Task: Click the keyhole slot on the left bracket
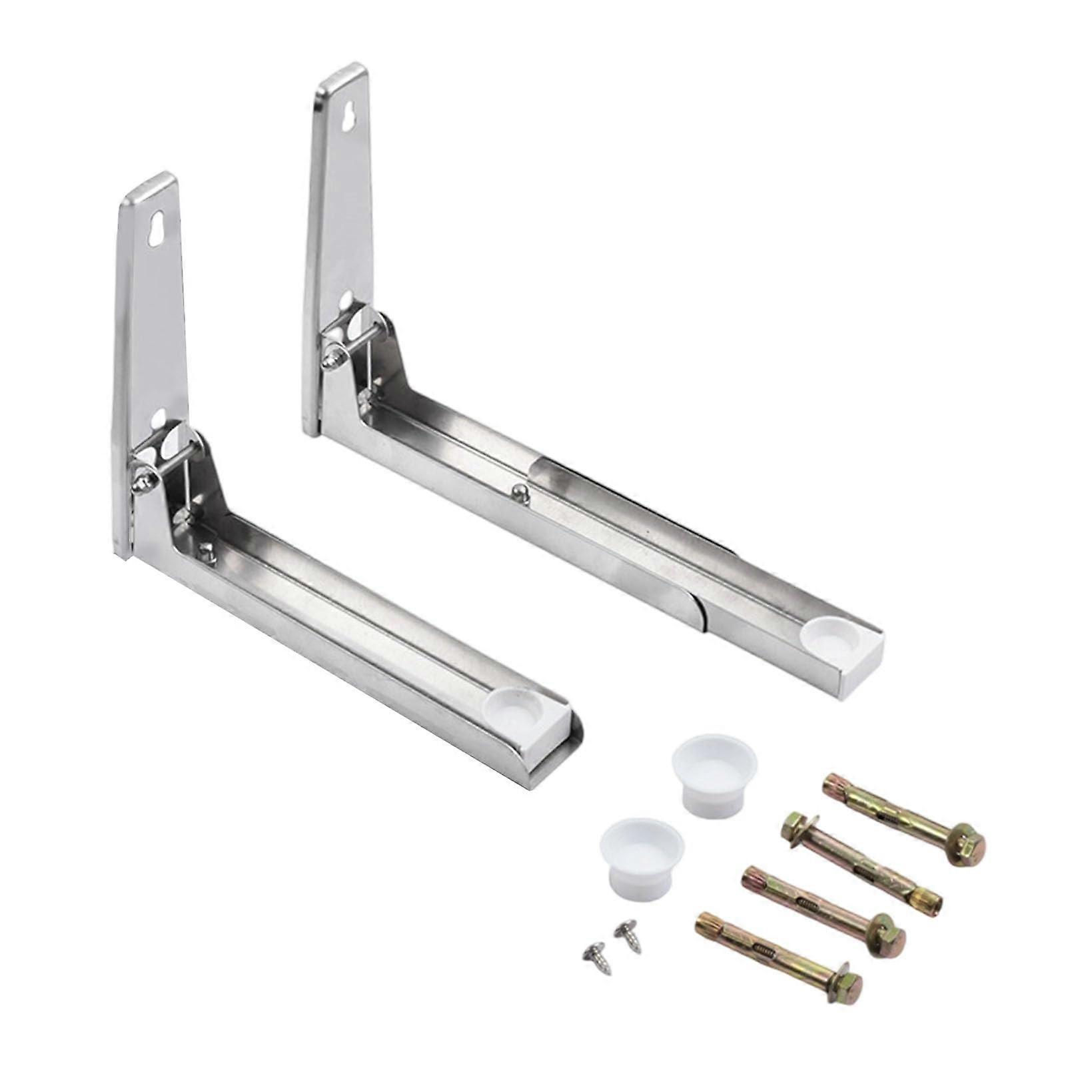(x=158, y=229)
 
